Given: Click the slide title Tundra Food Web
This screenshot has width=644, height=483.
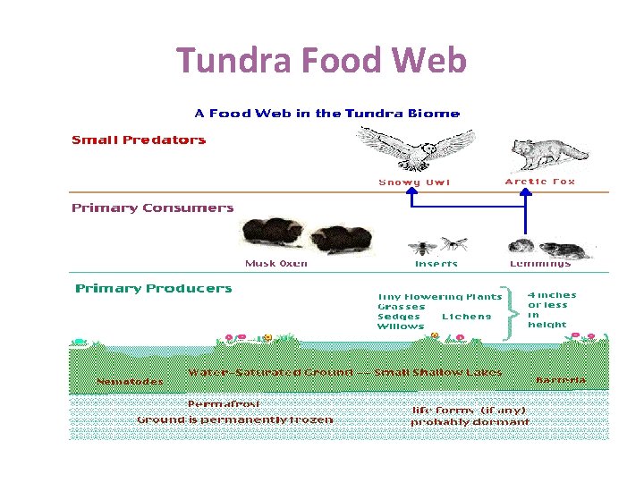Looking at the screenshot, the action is point(322,62).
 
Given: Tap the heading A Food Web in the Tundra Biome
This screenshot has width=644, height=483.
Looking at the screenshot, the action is point(327,114).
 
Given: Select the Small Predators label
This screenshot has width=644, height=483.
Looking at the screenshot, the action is point(139,140).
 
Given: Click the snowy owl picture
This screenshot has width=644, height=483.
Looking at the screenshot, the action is point(415,148).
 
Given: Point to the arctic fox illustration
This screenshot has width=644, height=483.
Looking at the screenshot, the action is point(547,154).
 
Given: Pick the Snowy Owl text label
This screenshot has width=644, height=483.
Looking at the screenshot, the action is point(414,182).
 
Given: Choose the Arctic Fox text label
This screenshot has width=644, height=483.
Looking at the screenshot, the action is point(540,182).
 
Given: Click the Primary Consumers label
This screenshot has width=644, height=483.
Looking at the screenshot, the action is point(153,208).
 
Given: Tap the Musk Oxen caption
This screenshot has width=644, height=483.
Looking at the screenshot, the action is point(276,264).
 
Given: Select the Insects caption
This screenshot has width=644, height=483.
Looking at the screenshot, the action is point(436,264).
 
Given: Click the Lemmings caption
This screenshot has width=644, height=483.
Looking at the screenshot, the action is point(540,264).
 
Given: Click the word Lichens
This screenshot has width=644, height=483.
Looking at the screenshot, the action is point(466,317).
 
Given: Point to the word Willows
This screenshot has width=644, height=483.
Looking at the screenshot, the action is point(401,326).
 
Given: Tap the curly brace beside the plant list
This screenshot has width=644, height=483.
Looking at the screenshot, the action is point(513,312).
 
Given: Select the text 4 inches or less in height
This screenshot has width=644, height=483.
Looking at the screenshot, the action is point(551,309).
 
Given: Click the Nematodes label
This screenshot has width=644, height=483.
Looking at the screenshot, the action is point(131,382).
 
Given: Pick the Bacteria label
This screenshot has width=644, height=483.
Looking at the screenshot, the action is point(561,380).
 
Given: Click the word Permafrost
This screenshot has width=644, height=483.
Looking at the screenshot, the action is point(224,403).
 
